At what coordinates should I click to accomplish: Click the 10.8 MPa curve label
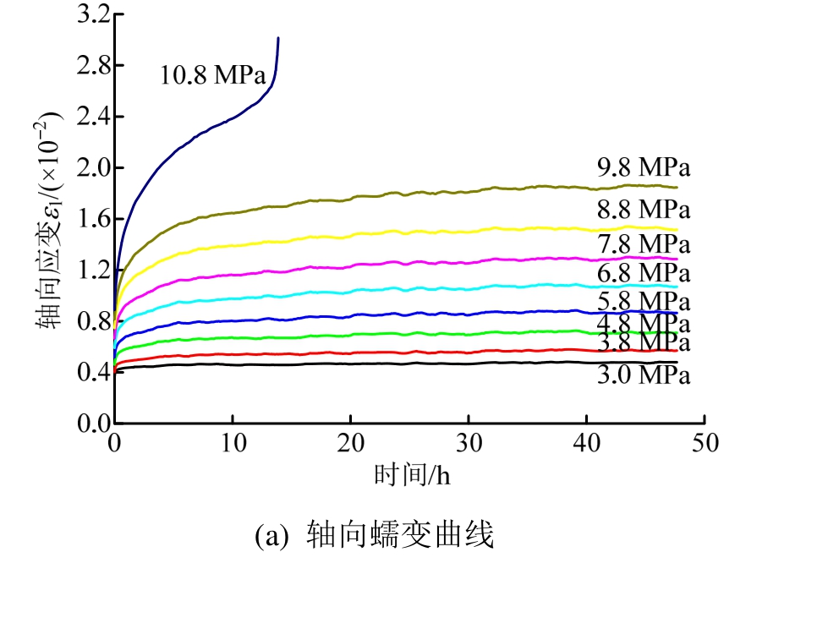[212, 75]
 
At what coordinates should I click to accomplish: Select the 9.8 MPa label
[644, 167]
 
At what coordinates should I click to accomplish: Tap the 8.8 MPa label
[644, 210]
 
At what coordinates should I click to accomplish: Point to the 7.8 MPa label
[644, 244]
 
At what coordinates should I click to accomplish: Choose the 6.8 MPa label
[644, 273]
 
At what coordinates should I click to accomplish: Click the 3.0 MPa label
[644, 374]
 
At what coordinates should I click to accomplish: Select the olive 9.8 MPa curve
[396, 194]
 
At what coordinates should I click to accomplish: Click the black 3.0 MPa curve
[396, 363]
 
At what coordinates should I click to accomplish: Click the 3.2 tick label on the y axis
[93, 14]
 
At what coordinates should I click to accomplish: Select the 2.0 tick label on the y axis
[93, 168]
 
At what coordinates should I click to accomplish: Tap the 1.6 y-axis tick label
[93, 219]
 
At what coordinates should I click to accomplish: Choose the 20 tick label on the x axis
[351, 443]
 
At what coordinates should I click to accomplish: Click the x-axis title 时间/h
[412, 475]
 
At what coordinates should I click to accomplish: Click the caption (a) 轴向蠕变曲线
[374, 535]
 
